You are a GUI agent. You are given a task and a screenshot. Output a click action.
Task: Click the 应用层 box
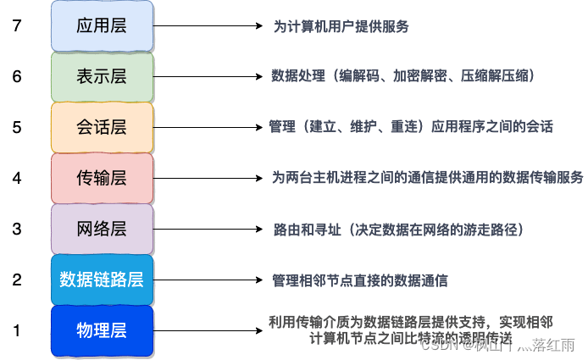click(x=102, y=25)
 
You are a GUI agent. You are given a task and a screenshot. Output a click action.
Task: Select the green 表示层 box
click(x=102, y=76)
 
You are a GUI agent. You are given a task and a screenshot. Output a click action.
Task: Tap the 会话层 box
click(x=102, y=127)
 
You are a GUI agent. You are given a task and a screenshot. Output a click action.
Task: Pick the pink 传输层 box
click(x=102, y=178)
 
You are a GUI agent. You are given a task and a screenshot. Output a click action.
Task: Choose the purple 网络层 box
click(x=102, y=229)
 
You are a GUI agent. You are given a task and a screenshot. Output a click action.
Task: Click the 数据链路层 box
click(x=102, y=280)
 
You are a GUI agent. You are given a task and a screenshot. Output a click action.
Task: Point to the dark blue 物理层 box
click(x=102, y=330)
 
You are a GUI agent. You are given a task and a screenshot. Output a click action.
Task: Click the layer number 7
click(x=16, y=25)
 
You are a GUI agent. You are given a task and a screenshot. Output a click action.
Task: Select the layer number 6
click(x=16, y=76)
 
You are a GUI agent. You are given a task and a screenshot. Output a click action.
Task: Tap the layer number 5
click(x=16, y=127)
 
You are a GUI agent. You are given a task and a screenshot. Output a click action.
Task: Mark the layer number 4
click(x=16, y=178)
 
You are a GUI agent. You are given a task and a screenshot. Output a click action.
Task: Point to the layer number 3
click(x=16, y=229)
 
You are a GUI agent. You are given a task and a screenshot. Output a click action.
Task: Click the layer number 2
click(x=16, y=280)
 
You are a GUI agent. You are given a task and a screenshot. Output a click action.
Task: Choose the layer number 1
click(x=16, y=330)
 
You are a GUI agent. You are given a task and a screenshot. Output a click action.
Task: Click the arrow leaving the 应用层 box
click(x=208, y=26)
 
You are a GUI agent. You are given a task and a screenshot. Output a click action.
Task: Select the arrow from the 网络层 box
click(x=208, y=230)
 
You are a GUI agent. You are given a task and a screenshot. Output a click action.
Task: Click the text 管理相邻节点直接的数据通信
click(x=360, y=280)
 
